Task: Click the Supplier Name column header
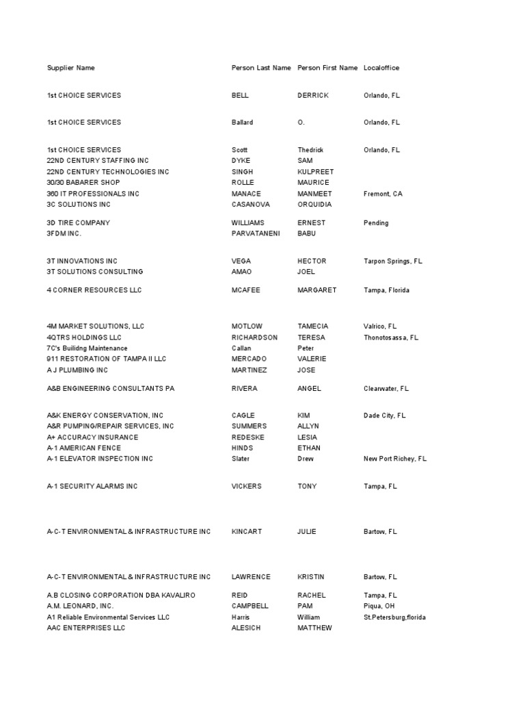70,68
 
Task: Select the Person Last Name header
261,68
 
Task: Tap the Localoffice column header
381,68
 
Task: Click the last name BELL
240,95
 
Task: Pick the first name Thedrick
310,149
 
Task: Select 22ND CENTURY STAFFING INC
97,160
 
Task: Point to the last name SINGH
243,171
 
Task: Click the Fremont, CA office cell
383,194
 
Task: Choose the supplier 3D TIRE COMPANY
78,222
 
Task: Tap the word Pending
376,222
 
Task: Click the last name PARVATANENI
256,233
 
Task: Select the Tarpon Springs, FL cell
393,261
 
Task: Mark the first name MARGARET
317,290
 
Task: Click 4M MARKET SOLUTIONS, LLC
95,327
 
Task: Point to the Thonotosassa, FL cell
391,337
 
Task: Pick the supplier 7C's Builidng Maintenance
87,348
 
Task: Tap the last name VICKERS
247,486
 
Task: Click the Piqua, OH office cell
378,606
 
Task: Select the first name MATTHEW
314,628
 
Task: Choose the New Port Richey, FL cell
394,459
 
